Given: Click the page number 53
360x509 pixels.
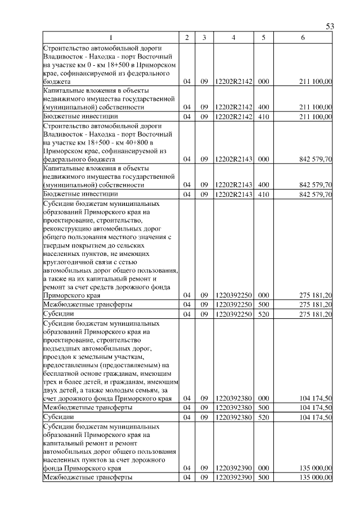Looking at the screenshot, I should pyautogui.click(x=330, y=27).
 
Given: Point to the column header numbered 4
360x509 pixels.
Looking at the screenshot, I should pyautogui.click(x=233, y=38).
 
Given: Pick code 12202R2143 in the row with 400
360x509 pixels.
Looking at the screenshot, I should pyautogui.click(x=233, y=184).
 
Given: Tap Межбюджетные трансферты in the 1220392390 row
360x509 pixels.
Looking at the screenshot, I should pyautogui.click(x=88, y=478).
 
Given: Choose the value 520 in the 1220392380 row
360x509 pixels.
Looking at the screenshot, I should pyautogui.click(x=262, y=417).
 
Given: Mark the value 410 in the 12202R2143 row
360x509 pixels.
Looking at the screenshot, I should pyautogui.click(x=262, y=194).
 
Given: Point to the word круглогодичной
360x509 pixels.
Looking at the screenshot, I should pyautogui.click(x=70, y=262).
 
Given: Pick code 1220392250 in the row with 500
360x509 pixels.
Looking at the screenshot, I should pyautogui.click(x=233, y=304).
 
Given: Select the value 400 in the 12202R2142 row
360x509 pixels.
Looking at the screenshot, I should pyautogui.click(x=262, y=107).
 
